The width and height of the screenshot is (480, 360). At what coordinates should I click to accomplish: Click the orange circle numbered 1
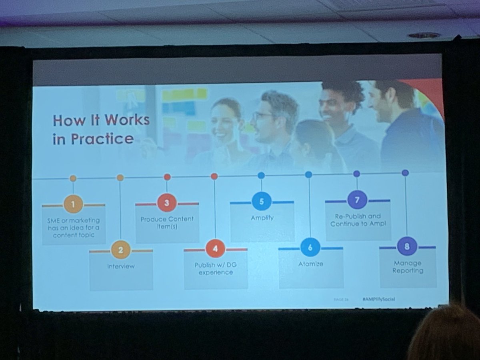pyautogui.click(x=73, y=204)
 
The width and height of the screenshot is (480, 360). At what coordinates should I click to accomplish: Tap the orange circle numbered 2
pyautogui.click(x=121, y=250)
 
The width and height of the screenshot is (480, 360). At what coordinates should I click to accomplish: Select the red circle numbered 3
pyautogui.click(x=167, y=203)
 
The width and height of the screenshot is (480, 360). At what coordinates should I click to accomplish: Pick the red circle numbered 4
pyautogui.click(x=215, y=249)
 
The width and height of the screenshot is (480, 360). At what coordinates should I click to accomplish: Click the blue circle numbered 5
pyautogui.click(x=262, y=201)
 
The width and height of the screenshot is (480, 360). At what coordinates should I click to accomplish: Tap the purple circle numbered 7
pyautogui.click(x=357, y=200)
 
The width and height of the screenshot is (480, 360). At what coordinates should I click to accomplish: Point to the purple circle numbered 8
pyautogui.click(x=407, y=246)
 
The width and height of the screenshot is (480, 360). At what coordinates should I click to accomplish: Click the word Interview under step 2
pyautogui.click(x=121, y=266)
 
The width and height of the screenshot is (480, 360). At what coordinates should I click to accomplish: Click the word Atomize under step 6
pyautogui.click(x=310, y=264)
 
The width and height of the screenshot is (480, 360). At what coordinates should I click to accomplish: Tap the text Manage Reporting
pyautogui.click(x=407, y=267)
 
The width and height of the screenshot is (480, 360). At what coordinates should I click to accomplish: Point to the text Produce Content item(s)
pyautogui.click(x=167, y=222)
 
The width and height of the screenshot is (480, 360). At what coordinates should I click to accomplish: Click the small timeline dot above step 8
pyautogui.click(x=405, y=173)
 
